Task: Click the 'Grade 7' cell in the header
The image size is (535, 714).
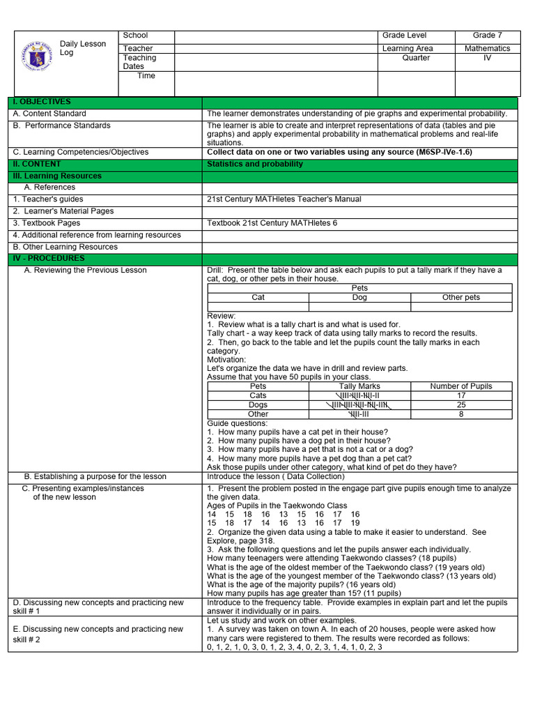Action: [x=487, y=36]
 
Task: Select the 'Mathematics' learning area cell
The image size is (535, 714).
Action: [x=487, y=49]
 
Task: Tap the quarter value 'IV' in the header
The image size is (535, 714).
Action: [x=487, y=59]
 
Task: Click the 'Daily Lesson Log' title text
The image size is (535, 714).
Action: [x=82, y=48]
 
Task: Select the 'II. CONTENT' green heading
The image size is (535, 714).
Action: [x=37, y=165]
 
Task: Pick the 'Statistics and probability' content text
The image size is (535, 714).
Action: [x=255, y=165]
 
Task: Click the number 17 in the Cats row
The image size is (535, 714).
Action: [x=461, y=395]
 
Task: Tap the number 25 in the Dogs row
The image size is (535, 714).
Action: [x=461, y=405]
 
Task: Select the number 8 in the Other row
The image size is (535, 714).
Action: [x=461, y=414]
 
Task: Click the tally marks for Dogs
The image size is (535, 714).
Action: [x=359, y=405]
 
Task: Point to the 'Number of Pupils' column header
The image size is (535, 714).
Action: [x=461, y=386]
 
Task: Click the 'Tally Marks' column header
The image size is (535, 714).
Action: [x=359, y=386]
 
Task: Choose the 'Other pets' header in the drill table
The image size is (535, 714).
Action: [x=461, y=298]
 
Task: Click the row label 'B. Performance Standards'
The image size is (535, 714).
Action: [x=62, y=126]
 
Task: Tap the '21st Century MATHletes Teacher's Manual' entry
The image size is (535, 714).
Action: [x=284, y=199]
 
